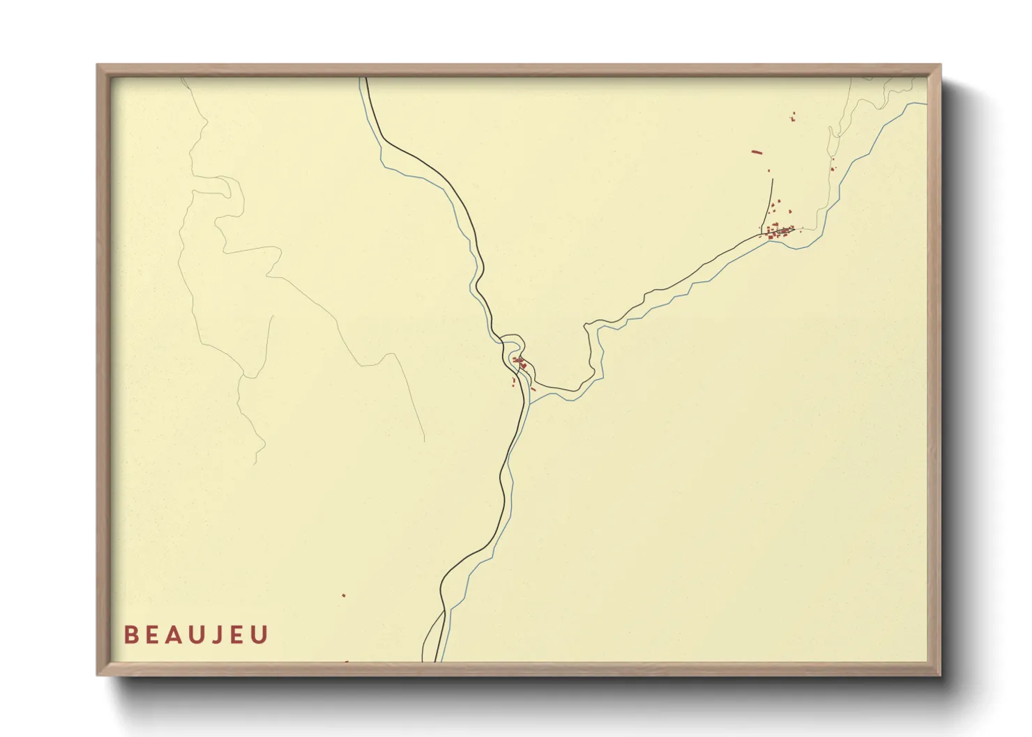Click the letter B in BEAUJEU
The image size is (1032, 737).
[130, 635]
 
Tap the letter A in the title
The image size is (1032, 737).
[175, 635]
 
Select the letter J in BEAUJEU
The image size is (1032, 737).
[219, 635]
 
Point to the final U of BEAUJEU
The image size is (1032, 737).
[260, 635]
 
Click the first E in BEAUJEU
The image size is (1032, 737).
[153, 635]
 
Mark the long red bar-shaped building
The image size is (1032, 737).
[757, 152]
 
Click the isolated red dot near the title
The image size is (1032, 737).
[344, 596]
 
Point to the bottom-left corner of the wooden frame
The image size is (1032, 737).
[98, 674]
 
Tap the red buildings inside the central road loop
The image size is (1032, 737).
[519, 362]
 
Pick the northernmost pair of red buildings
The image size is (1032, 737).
[793, 117]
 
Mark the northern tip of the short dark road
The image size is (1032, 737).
[773, 180]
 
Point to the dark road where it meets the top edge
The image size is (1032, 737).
[367, 79]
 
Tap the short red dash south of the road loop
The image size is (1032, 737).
[533, 389]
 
